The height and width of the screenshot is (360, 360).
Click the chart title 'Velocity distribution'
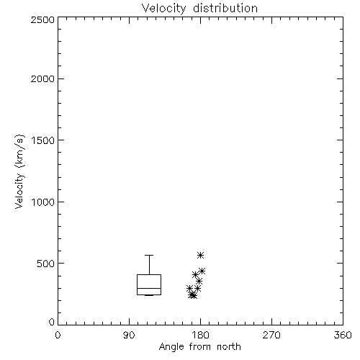coord(199,8)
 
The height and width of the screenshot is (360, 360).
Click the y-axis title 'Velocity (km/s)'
coord(19,171)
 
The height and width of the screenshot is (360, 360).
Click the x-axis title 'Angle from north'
coord(199,347)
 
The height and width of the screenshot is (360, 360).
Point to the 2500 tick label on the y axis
coord(42,19)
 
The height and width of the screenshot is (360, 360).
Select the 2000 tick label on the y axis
coord(42,78)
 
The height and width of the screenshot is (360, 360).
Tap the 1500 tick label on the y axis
coord(43,140)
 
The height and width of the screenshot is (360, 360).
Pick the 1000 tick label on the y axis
coord(43,202)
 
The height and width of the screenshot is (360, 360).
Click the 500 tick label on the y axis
coord(46,264)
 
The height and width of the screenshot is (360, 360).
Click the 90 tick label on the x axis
coord(129,335)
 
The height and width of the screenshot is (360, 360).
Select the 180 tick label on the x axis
coord(200,335)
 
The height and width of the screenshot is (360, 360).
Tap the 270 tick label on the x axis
coord(271,335)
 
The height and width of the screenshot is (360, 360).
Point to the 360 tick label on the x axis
coord(343,335)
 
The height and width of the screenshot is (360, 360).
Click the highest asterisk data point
coord(201,255)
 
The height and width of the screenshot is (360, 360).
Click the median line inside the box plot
coord(149,288)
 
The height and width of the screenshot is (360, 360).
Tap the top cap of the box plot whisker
coord(149,256)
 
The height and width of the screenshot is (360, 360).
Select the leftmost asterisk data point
coord(189,289)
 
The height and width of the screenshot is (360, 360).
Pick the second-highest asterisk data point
coord(202,271)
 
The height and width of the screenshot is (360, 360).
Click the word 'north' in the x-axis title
coord(229,347)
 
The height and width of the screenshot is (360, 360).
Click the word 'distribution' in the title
coord(225,8)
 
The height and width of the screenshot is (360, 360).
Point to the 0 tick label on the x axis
coord(58,335)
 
